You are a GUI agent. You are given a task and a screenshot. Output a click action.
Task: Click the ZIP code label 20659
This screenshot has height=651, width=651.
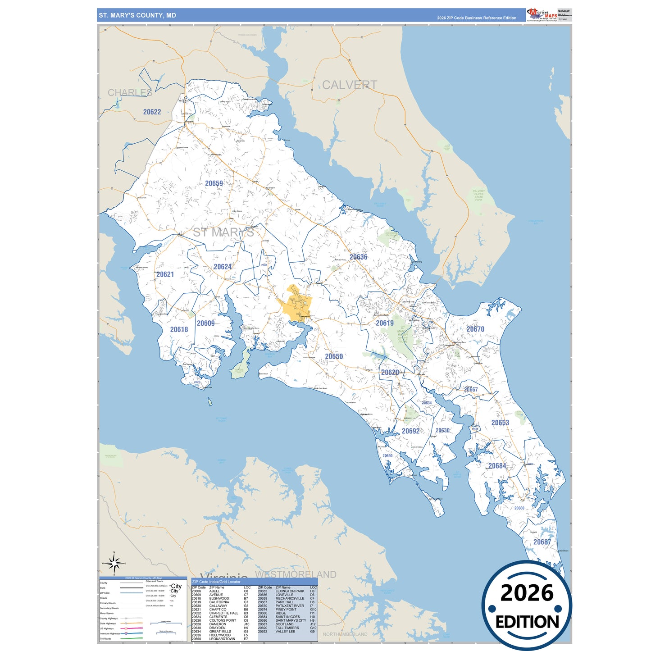(x=214, y=183)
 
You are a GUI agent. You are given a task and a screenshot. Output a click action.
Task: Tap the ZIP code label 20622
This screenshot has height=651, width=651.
(x=152, y=112)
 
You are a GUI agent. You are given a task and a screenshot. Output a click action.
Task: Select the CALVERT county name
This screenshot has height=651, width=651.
(x=349, y=85)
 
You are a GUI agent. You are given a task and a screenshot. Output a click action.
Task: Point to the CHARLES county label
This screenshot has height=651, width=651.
(x=130, y=92)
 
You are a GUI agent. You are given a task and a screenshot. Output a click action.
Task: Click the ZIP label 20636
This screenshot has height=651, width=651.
(x=358, y=257)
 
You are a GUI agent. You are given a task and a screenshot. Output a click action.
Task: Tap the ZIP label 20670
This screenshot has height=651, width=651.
(x=475, y=329)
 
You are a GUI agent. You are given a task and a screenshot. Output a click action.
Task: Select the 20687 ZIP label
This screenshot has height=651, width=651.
(x=542, y=542)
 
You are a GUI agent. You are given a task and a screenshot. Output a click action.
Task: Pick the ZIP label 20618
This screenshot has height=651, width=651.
(x=179, y=330)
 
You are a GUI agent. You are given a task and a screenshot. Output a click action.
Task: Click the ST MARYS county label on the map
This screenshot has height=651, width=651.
(x=223, y=232)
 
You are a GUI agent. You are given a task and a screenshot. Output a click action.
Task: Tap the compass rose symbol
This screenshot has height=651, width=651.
(x=114, y=563)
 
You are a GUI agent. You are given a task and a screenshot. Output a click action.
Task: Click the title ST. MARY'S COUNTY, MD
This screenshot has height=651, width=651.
(x=137, y=15)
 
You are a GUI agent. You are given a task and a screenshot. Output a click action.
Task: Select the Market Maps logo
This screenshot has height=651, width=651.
(x=542, y=15)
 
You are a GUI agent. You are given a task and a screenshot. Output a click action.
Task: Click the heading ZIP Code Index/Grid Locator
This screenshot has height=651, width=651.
(x=216, y=582)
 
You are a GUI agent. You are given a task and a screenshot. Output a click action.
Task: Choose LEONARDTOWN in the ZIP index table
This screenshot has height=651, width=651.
(x=222, y=639)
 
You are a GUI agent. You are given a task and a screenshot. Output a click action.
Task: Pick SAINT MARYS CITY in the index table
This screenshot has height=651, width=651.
(x=291, y=620)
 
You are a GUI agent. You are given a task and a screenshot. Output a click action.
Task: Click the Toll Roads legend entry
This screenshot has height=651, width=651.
(x=105, y=639)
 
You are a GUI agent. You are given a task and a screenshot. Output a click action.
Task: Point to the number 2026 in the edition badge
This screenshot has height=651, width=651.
(x=527, y=593)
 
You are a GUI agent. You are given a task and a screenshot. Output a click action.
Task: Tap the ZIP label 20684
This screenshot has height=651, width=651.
(x=497, y=466)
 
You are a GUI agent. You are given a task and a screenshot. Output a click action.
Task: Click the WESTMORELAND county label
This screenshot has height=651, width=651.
(x=296, y=574)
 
